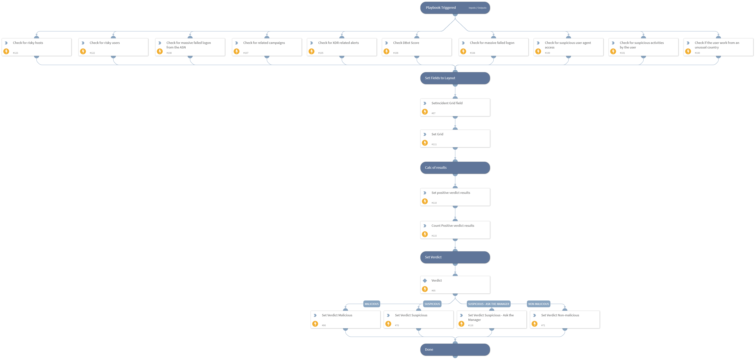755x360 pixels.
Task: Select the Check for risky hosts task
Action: pos(37,47)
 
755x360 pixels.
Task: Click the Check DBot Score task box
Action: pos(416,47)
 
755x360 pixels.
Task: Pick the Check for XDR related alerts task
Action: pos(342,47)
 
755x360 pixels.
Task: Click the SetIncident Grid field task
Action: pos(455,107)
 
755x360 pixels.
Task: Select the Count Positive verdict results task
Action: pos(455,230)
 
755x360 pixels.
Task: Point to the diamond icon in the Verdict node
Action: pos(425,280)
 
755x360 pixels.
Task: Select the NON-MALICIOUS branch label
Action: pos(538,304)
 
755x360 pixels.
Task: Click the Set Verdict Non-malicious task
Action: pos(565,320)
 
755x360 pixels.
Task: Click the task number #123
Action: pos(16,53)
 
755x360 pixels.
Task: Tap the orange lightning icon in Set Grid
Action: pos(425,143)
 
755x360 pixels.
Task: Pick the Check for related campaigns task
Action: pos(267,47)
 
